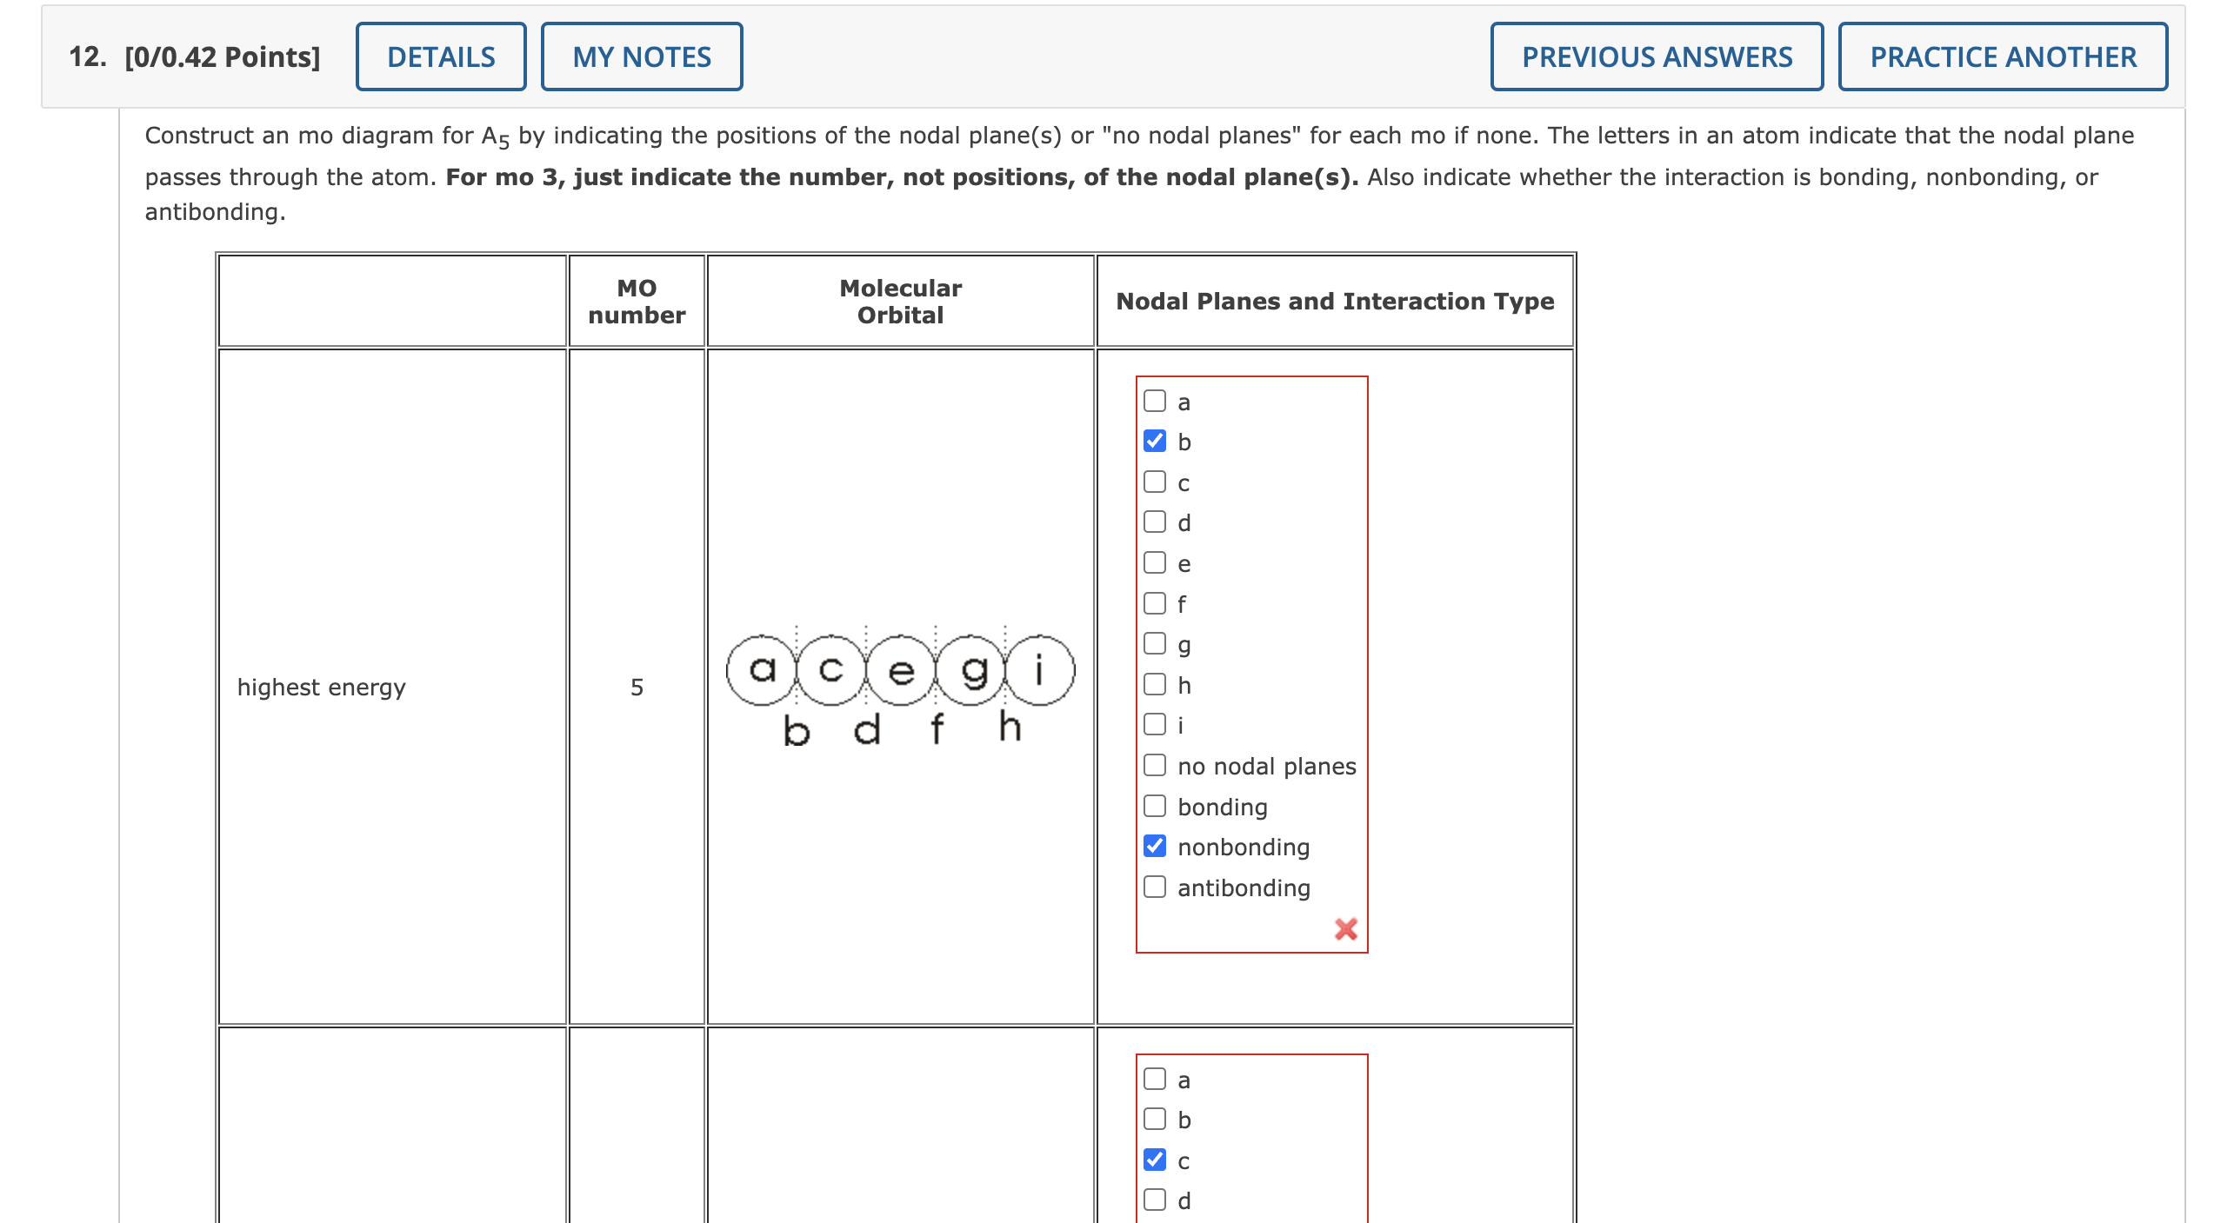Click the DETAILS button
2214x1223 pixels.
point(441,57)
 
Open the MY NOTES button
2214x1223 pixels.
point(641,57)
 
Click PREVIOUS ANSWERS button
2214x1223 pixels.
point(1656,57)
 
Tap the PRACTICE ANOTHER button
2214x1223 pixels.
point(2002,57)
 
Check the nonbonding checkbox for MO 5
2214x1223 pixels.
point(1154,846)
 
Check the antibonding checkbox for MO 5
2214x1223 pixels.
point(1154,887)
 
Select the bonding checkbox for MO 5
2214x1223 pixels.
point(1154,806)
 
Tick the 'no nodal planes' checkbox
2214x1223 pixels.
point(1154,765)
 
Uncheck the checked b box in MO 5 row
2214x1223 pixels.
point(1154,441)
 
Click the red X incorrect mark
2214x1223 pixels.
point(1345,929)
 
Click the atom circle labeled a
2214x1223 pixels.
point(762,669)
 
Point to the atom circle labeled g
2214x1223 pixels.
point(972,669)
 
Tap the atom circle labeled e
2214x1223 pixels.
point(901,669)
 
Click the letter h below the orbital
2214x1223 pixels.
point(1009,727)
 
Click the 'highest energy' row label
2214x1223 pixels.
point(321,687)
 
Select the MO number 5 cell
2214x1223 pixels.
point(637,687)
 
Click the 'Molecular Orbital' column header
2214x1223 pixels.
point(900,301)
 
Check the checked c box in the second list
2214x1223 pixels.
point(1154,1160)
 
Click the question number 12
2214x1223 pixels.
point(87,57)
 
